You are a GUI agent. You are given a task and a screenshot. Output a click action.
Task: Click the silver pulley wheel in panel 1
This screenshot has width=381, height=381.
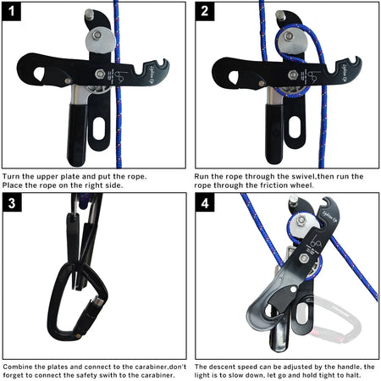(x=100, y=36)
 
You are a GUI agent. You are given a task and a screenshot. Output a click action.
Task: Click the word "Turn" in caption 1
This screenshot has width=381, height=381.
(x=13, y=176)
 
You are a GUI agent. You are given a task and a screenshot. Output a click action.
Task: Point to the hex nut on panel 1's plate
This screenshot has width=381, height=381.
(x=101, y=74)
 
